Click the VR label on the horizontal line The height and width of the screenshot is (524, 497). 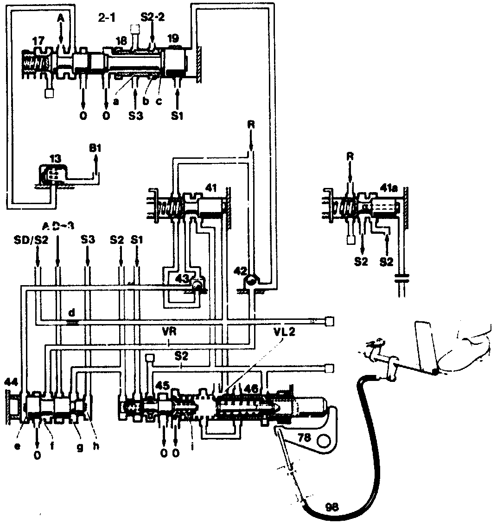(169, 332)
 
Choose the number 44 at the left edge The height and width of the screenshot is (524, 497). (10, 382)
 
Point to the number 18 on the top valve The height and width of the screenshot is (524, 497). (121, 41)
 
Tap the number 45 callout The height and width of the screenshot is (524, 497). (162, 385)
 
